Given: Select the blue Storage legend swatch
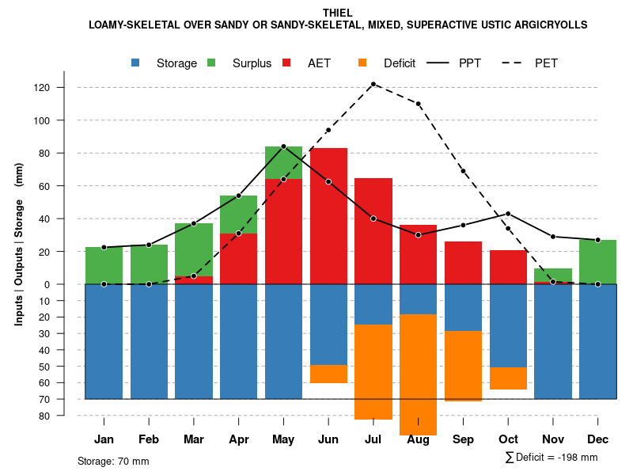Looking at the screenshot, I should click(x=136, y=63).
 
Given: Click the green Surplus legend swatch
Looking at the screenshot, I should click(x=212, y=63).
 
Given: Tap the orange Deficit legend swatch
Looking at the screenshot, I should click(x=363, y=63).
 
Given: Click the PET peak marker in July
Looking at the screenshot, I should click(x=373, y=84).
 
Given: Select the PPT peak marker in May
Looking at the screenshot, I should click(x=283, y=146).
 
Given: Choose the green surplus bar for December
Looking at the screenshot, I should click(x=597, y=261).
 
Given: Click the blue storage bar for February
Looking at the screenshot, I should click(x=149, y=341).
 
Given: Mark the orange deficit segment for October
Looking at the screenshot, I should click(x=508, y=378).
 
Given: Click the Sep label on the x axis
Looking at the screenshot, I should click(x=463, y=439).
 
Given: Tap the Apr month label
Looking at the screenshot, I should click(x=238, y=439).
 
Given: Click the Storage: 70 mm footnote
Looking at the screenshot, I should click(x=113, y=461).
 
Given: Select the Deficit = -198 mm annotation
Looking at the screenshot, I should click(x=552, y=458).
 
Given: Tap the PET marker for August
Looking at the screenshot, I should click(x=418, y=104).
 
